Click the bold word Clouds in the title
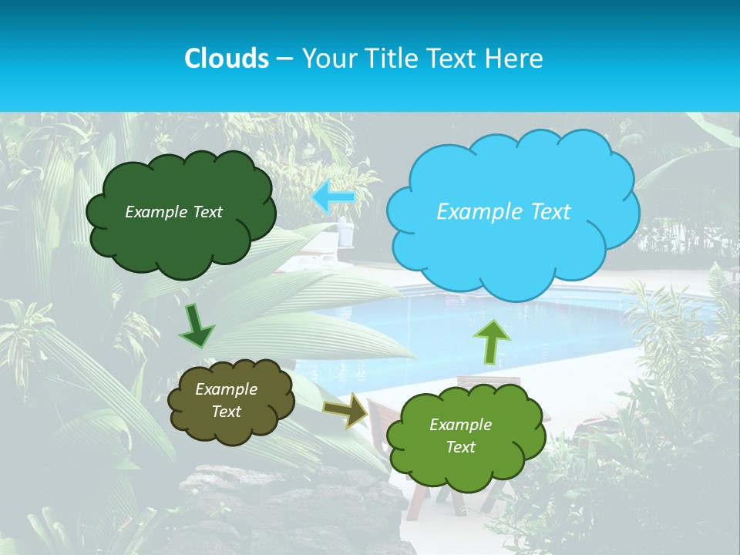click(x=226, y=59)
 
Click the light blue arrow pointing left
click(x=334, y=197)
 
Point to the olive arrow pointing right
click(x=346, y=411)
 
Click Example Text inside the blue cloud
click(x=503, y=212)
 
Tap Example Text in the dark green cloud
click(x=173, y=212)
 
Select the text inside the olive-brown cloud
click(x=227, y=401)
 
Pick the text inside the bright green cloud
click(x=461, y=436)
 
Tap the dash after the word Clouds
click(x=284, y=59)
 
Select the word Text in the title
click(x=454, y=59)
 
